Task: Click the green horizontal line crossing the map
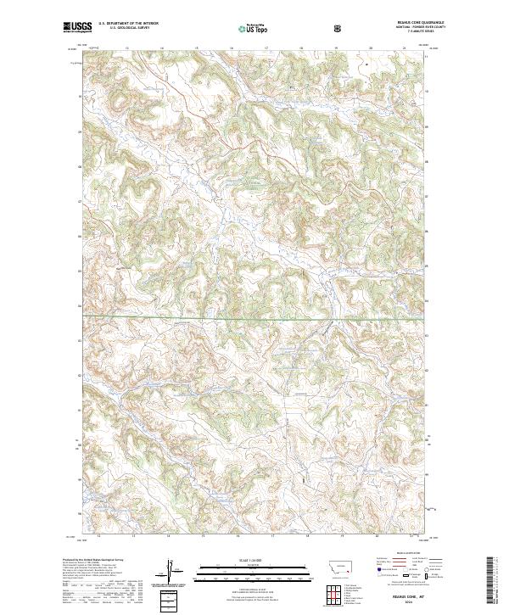tap(255, 320)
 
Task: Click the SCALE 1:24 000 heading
tap(254, 559)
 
